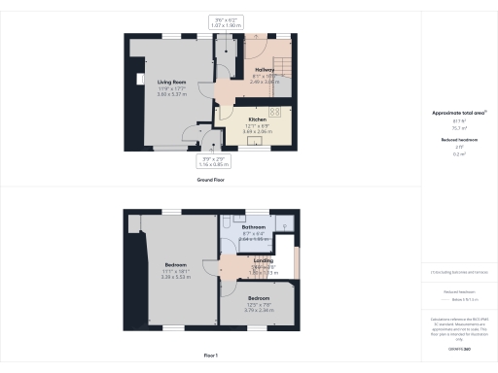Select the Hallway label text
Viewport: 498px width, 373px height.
coord(265,71)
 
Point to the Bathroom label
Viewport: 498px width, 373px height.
coord(254,227)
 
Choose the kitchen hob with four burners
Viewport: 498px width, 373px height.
coord(275,113)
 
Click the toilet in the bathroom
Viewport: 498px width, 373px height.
coord(225,222)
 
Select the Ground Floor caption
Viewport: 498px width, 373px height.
coord(212,180)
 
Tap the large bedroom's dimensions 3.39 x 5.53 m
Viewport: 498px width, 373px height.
coord(176,276)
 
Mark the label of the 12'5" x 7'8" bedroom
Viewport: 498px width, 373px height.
coord(259,297)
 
